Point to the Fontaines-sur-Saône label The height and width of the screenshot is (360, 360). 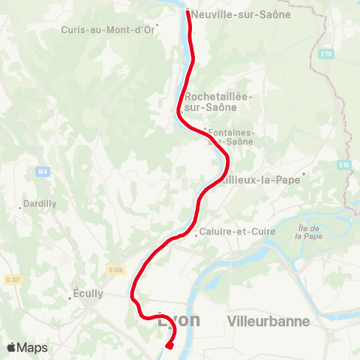pos(231,137)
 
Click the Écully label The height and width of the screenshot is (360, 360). pos(88,294)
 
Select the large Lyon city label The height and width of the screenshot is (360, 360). pos(180,320)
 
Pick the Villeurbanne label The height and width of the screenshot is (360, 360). pos(268,321)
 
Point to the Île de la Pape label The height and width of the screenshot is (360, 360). pos(308,232)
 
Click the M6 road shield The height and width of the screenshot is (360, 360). pos(42,172)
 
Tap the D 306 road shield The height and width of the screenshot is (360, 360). pos(115,269)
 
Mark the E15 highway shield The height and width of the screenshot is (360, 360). pos(344,164)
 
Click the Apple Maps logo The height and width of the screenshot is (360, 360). pos(27,347)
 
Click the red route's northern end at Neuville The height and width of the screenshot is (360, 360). pos(187,10)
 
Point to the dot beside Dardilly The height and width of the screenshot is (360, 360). pos(20,208)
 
